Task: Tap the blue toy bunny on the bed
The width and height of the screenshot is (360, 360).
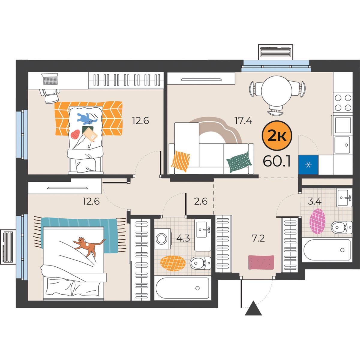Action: (x=87, y=119)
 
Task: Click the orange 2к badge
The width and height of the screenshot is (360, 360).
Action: (x=277, y=135)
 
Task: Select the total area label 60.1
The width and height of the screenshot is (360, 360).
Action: (x=277, y=162)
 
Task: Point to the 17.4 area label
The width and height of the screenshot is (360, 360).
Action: (x=243, y=121)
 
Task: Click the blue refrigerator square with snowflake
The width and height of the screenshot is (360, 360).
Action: (x=308, y=165)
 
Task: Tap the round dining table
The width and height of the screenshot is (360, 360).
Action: (x=277, y=91)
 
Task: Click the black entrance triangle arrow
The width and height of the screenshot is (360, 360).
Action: (x=253, y=311)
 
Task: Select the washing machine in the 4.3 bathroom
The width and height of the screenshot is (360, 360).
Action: (x=163, y=238)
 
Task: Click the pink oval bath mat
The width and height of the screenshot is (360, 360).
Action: (x=317, y=221)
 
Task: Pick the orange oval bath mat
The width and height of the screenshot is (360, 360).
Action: (x=173, y=263)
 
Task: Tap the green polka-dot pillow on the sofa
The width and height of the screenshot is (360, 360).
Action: (x=239, y=162)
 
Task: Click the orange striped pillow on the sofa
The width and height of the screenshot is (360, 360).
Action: (x=181, y=161)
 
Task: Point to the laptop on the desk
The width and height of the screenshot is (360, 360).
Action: (x=50, y=79)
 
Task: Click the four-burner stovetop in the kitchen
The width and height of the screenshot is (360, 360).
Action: (x=343, y=103)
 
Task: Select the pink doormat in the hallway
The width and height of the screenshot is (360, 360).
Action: (x=261, y=262)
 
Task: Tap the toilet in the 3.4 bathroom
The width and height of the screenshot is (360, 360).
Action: (x=342, y=227)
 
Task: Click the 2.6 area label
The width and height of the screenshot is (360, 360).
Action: (x=201, y=202)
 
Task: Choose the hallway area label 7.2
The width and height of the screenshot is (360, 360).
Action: (x=258, y=238)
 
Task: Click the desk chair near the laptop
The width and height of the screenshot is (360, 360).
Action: (x=50, y=95)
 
